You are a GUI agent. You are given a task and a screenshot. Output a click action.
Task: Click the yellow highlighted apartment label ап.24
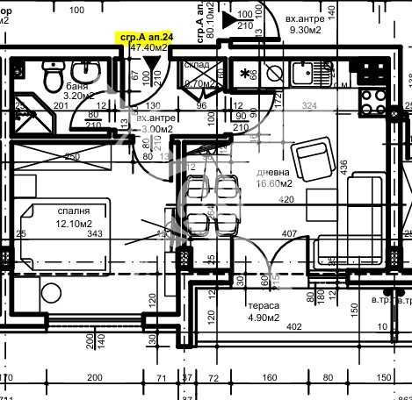[147, 37]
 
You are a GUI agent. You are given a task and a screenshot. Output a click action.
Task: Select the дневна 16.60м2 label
[272, 178]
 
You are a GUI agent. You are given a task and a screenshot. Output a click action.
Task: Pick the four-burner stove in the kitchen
[372, 72]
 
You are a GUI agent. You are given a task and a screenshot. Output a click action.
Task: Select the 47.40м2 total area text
[147, 48]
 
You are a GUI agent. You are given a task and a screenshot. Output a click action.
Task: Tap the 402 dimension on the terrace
[294, 327]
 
